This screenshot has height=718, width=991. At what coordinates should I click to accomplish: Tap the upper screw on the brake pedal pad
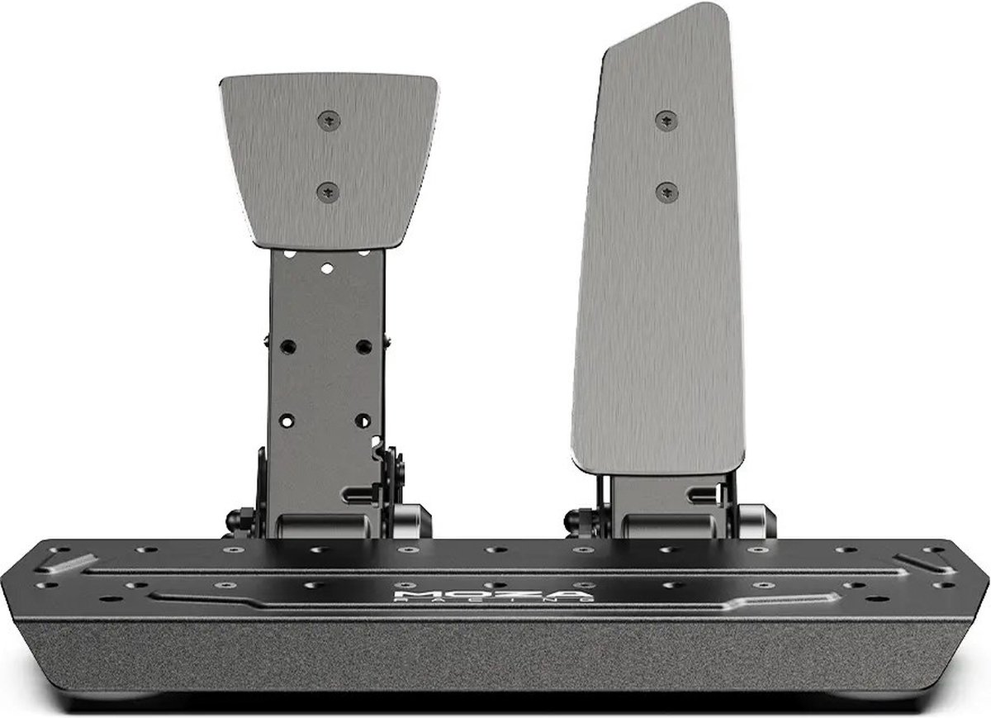coord(329,121)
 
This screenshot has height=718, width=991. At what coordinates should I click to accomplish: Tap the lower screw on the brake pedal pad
coord(329,191)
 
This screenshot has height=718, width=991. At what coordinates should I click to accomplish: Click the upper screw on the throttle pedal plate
coord(666,120)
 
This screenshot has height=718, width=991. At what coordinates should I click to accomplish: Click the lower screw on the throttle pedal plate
coord(666,192)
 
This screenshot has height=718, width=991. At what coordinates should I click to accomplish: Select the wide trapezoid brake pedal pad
coord(329,157)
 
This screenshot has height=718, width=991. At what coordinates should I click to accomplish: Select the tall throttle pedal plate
coord(661,273)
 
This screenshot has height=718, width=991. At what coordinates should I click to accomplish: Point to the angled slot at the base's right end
coord(918,561)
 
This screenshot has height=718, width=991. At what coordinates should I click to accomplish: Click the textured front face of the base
coord(495,653)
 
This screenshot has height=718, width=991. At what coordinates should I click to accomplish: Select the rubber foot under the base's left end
coord(124,693)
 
